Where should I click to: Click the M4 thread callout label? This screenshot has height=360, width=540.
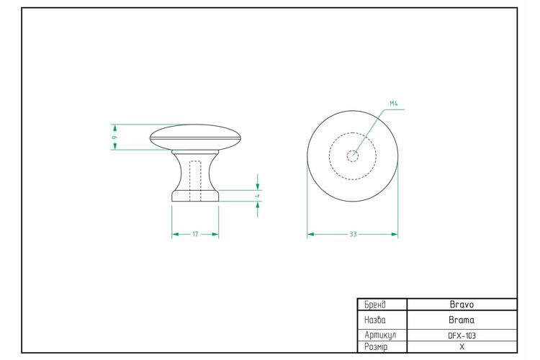[x=394, y=104]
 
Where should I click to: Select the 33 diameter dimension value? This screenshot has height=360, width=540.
[x=353, y=234]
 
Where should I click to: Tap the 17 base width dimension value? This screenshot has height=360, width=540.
[x=195, y=234]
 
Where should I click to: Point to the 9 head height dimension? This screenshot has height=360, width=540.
[x=114, y=137]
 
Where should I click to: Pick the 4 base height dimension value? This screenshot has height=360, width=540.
[x=257, y=196]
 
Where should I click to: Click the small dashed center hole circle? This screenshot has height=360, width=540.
[x=353, y=156]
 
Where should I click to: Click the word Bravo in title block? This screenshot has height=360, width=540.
[x=462, y=305]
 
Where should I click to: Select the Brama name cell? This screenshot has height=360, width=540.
[x=462, y=320]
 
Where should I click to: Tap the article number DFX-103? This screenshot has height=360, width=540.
[x=462, y=336]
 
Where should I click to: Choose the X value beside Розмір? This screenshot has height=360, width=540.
[x=462, y=346]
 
